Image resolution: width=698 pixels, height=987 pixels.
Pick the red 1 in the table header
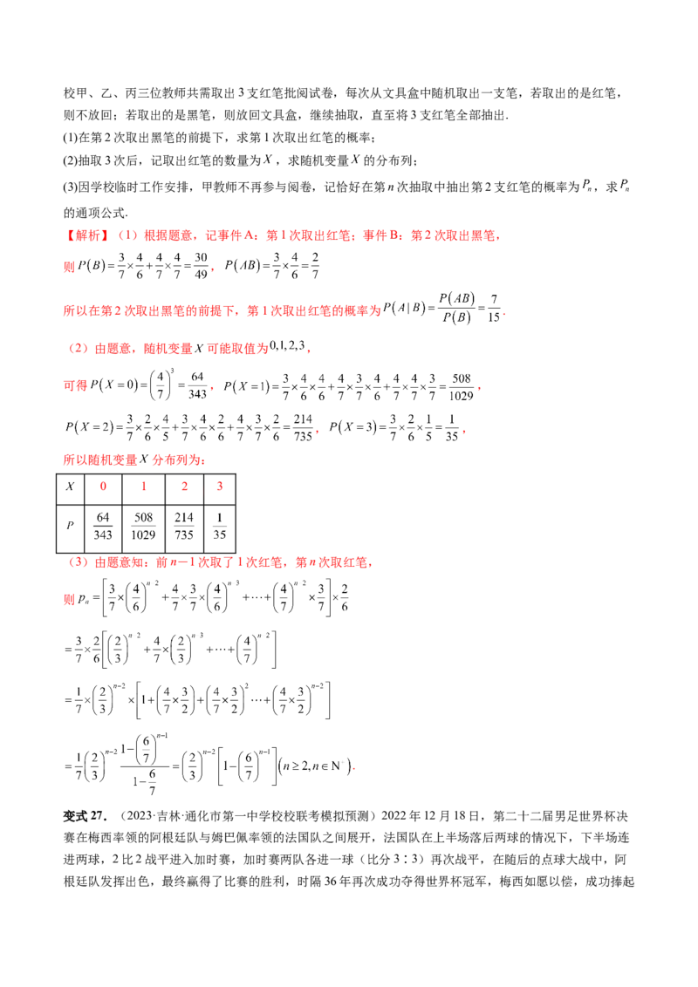[x=142, y=486]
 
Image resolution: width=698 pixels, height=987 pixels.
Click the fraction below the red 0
[x=104, y=524]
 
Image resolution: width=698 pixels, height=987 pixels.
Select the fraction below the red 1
[x=142, y=524]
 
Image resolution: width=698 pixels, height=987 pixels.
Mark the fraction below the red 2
[x=184, y=524]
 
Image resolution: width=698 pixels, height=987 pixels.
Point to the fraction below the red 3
[x=221, y=524]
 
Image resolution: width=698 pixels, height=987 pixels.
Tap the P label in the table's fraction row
[x=72, y=524]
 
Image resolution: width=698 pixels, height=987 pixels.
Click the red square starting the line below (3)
[x=66, y=600]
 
